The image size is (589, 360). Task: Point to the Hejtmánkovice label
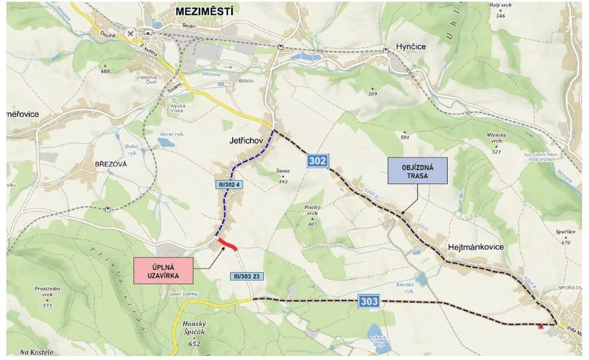[476, 247]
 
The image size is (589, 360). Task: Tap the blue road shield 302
[318, 161]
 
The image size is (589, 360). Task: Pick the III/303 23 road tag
[247, 276]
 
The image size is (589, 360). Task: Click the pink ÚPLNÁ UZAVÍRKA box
[163, 270]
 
